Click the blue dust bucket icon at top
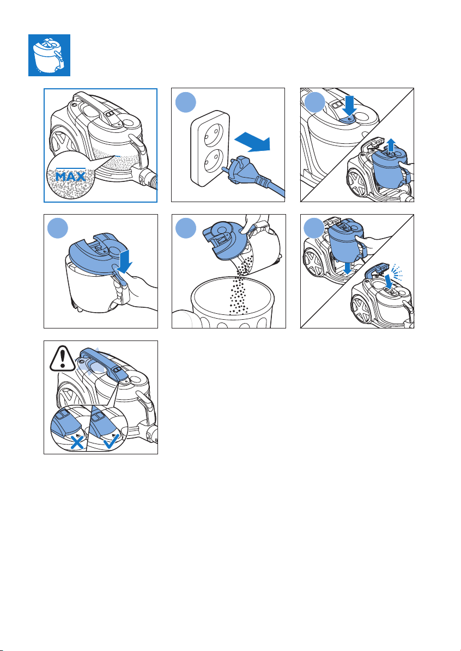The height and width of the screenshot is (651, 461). (49, 55)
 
